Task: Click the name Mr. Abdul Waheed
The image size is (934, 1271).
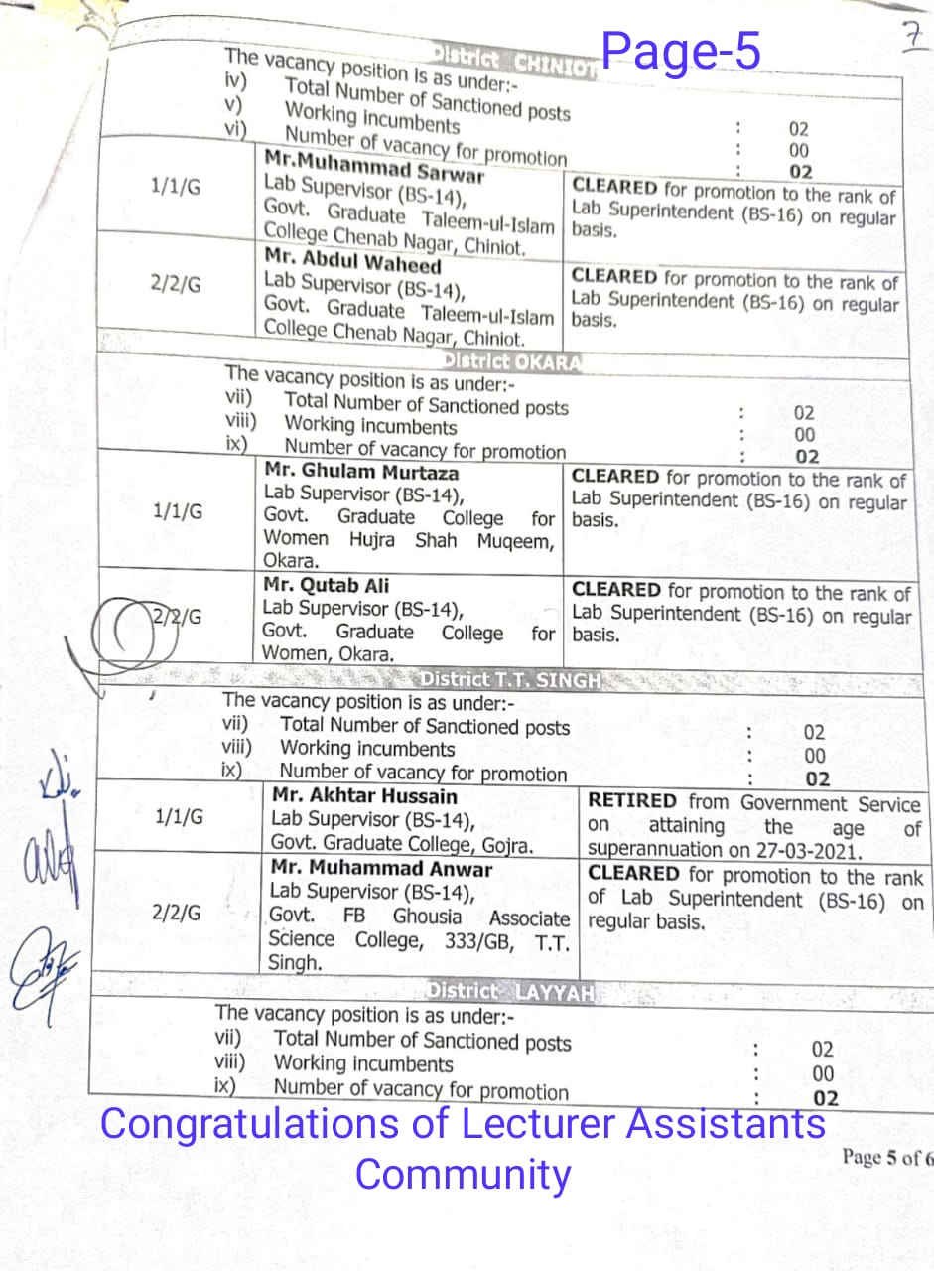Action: click(352, 265)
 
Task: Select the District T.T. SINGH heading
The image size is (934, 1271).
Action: click(510, 680)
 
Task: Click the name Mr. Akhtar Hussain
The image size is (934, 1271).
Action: click(364, 796)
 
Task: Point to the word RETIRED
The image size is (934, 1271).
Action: click(632, 801)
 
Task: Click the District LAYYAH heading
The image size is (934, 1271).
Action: click(510, 991)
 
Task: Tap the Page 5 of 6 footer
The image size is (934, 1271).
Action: click(886, 1157)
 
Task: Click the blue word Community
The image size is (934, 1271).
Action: click(463, 1174)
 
